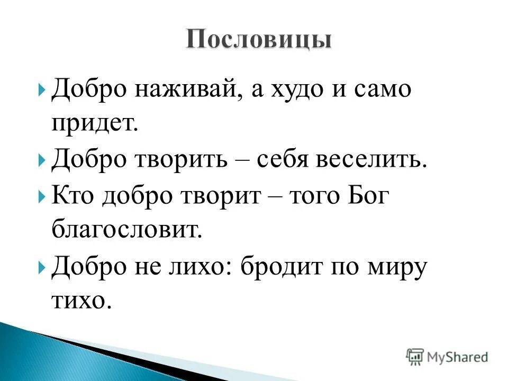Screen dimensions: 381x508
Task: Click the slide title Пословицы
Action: pyautogui.click(x=259, y=40)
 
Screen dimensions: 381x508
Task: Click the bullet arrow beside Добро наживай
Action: pyautogui.click(x=42, y=89)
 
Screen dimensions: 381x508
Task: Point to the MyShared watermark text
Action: pyautogui.click(x=456, y=358)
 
